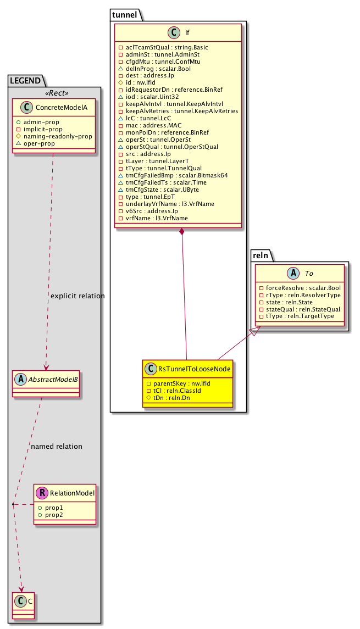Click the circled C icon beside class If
170,32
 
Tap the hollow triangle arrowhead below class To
253,331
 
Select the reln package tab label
261,256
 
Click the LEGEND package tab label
25,81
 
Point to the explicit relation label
77,296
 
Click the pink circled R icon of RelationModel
42,493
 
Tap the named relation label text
57,446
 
